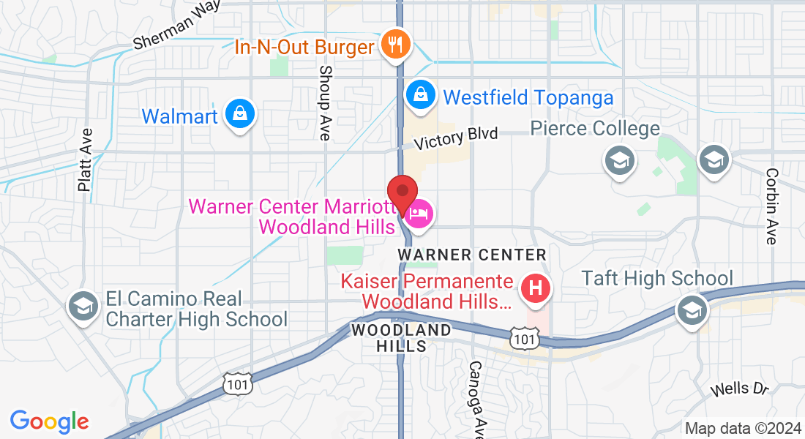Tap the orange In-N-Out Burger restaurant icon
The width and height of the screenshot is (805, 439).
[396, 46]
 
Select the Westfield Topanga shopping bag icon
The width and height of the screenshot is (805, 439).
[421, 95]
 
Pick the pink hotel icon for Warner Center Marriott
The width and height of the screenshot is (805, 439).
[419, 214]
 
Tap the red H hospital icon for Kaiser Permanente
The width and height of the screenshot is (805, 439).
[536, 287]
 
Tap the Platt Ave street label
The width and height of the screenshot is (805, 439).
[86, 160]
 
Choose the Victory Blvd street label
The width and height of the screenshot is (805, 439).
[455, 138]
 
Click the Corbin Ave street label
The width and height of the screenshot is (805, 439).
[771, 206]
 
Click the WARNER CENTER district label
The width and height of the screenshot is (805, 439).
[472, 255]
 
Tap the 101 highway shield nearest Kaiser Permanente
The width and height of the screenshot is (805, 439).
[524, 337]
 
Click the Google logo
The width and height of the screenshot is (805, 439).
[49, 421]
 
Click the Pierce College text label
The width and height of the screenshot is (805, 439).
[595, 129]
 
